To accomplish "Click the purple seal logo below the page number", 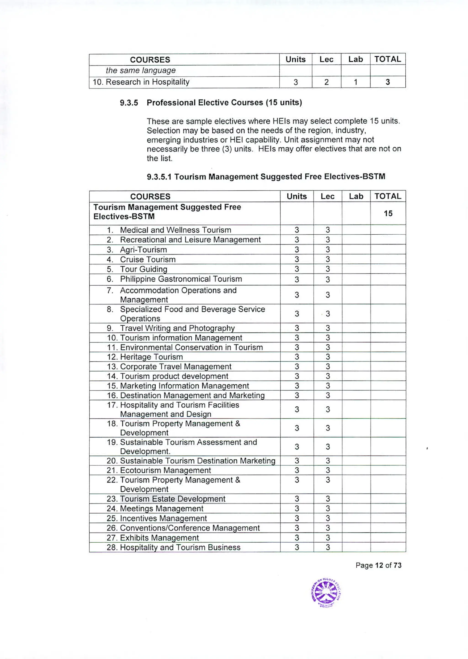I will (326, 593).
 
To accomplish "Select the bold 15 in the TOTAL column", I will (388, 214).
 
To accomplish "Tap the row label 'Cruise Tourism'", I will (148, 260).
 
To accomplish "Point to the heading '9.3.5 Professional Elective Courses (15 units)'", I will (211, 103).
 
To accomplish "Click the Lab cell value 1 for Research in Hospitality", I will (355, 82).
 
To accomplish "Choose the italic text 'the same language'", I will (141, 71).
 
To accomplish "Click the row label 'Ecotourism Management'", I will (165, 470).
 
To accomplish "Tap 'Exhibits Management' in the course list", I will (159, 538).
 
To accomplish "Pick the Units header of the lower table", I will (297, 196).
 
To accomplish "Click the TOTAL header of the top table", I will (388, 59).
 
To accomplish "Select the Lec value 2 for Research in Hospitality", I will (326, 82).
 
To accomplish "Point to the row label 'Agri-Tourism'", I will (143, 250).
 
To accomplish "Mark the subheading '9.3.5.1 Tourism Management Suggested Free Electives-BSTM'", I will (266, 177).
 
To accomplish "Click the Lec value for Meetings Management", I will (328, 509).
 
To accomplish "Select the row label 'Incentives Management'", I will (163, 518).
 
